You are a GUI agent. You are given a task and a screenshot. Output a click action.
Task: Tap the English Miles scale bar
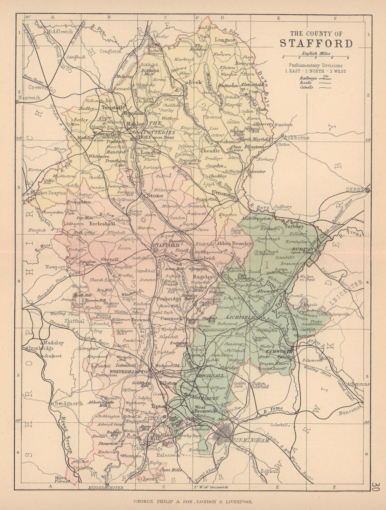coord(315,58)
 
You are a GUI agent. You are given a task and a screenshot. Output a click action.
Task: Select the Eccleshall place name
coord(102,223)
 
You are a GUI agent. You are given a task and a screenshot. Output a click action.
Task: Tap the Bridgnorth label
coord(69,403)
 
